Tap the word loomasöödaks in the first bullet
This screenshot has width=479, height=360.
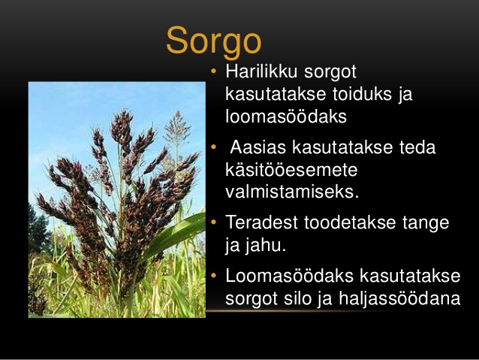[286, 116]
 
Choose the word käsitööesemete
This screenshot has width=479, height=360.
[291, 169]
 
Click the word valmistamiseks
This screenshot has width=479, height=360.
[292, 192]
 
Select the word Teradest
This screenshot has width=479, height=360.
[261, 222]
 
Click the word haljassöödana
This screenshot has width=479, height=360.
[399, 298]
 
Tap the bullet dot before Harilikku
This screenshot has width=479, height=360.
[213, 71]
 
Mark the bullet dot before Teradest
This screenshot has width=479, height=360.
[213, 222]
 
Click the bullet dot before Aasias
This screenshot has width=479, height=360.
[213, 147]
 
